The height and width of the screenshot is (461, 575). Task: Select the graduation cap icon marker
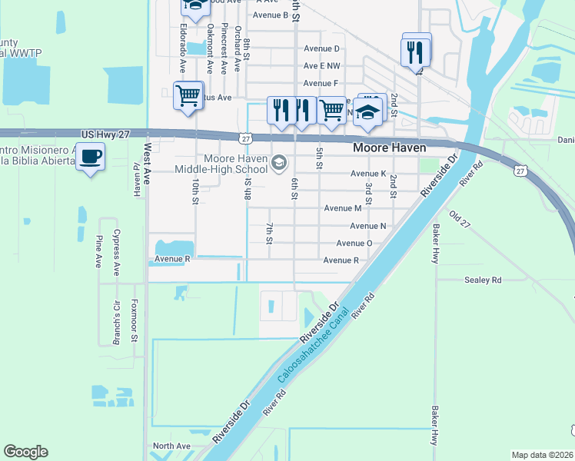[368, 112]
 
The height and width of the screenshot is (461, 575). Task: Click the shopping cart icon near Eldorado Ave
[188, 96]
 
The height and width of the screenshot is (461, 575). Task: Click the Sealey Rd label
[483, 280]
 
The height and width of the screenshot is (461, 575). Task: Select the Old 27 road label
[459, 219]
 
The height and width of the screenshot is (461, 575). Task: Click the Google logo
[25, 452]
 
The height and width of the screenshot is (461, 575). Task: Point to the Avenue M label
[342, 208]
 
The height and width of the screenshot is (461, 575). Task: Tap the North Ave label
[171, 446]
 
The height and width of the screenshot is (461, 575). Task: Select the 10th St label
[195, 191]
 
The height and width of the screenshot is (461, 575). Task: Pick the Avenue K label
[367, 174]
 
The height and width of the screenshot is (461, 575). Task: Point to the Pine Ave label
[98, 251]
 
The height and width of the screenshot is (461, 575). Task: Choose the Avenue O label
[354, 244]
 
